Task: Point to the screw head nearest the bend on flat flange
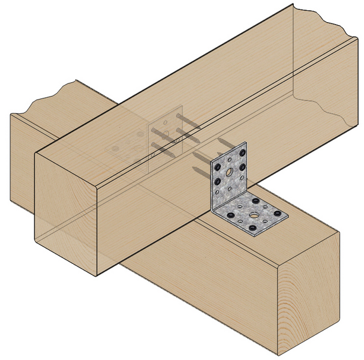pos(256,202)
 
